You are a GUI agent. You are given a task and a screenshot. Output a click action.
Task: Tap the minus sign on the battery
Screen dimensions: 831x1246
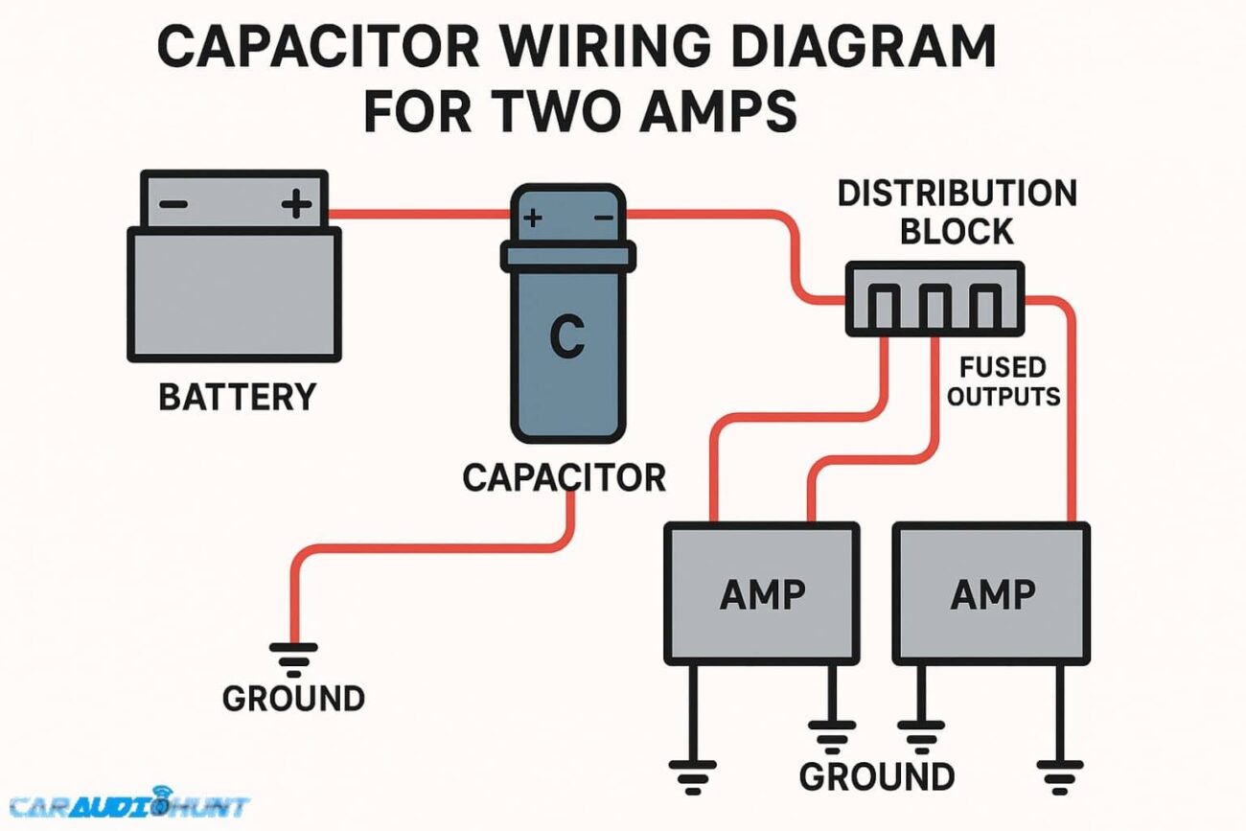point(173,204)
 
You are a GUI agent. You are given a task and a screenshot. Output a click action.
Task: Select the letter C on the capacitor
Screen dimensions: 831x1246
point(566,336)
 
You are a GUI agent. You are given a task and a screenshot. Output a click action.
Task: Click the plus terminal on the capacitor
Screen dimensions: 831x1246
point(533,219)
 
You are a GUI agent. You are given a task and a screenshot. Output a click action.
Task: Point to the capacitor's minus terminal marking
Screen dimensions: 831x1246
point(604,219)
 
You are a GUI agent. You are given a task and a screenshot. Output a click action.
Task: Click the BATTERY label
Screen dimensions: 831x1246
point(236,397)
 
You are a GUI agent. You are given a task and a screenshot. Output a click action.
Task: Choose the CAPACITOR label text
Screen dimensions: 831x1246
point(564,476)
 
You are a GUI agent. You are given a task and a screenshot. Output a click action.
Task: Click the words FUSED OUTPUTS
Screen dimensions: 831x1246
point(1003,381)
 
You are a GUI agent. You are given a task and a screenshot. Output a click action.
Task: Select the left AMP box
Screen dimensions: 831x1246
point(762,593)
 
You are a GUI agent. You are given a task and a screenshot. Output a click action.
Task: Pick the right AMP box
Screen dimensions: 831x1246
point(992,593)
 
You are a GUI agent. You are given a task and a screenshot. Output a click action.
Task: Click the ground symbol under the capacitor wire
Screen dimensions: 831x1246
point(293,658)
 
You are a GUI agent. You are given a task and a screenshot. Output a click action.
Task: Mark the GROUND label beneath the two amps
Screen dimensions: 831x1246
point(876,775)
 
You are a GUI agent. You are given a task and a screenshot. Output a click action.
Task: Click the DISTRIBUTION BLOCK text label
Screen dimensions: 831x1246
point(957,211)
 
